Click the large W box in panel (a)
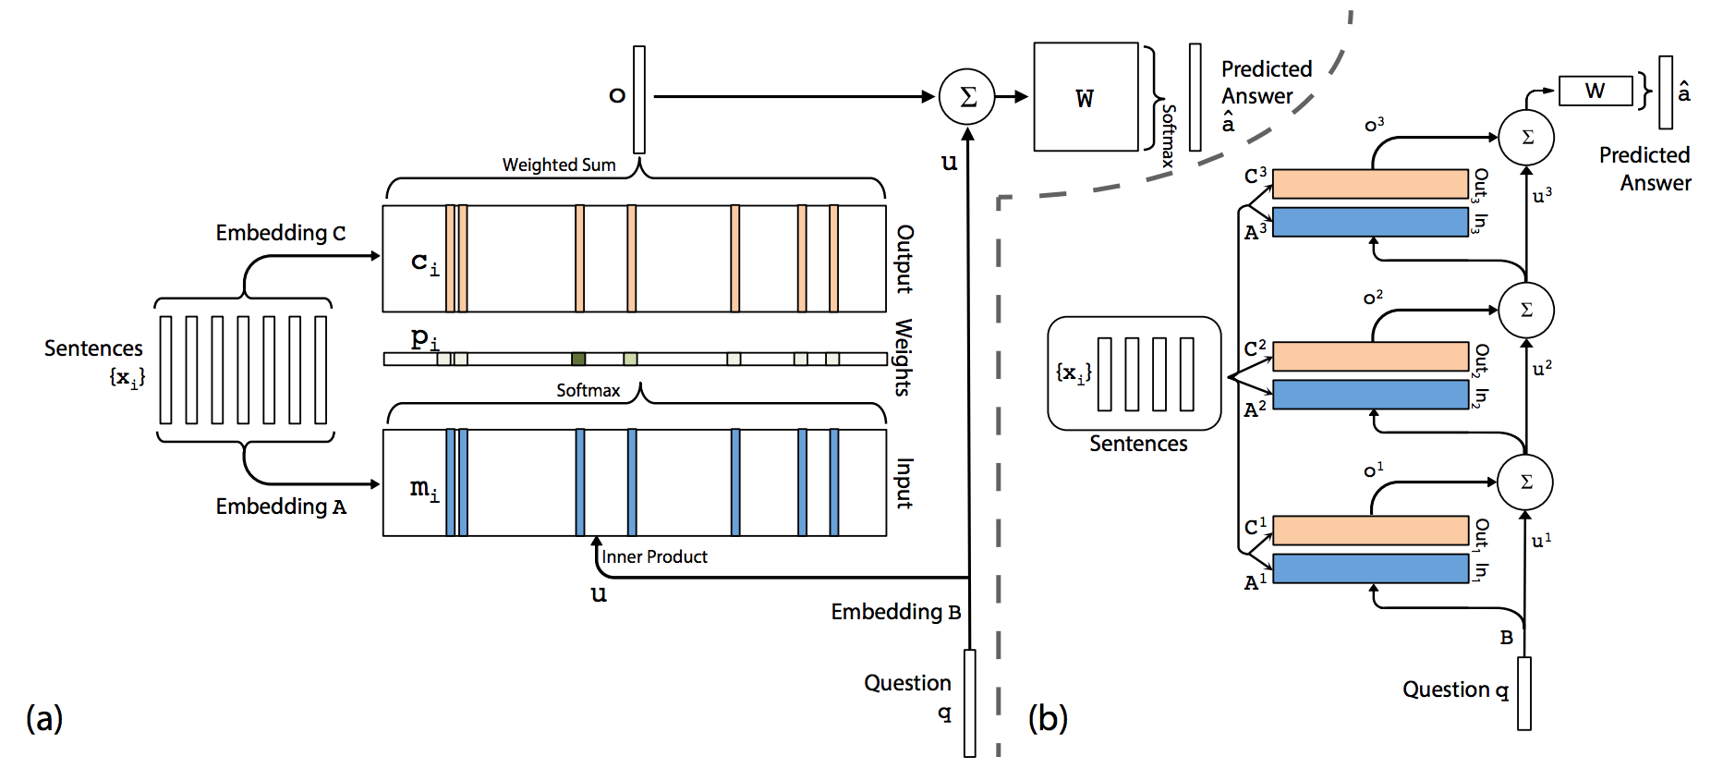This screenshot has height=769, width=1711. (x=1086, y=96)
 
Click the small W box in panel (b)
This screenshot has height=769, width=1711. (x=1596, y=91)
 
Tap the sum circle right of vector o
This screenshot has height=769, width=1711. (x=967, y=96)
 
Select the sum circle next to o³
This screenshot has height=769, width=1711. (x=1526, y=138)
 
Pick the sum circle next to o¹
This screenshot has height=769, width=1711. (x=1526, y=482)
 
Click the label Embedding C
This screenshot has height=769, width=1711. (x=281, y=233)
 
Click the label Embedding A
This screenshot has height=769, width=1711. (x=281, y=507)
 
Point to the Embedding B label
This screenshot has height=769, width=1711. (x=896, y=612)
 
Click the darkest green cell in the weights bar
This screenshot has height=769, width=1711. (x=578, y=359)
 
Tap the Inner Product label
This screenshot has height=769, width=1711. (x=654, y=556)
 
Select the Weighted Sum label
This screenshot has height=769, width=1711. (x=559, y=165)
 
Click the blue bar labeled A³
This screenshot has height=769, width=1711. (x=1370, y=222)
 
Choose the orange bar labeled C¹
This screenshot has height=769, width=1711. (x=1370, y=531)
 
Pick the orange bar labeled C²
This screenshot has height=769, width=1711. (x=1370, y=357)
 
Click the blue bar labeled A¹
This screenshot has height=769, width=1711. (x=1370, y=568)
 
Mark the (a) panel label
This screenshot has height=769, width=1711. (x=44, y=717)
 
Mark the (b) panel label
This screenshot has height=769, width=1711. (x=1048, y=717)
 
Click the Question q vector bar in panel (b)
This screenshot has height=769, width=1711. (x=1524, y=693)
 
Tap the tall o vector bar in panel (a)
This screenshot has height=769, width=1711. (x=639, y=100)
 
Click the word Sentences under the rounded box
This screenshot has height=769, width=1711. (x=1138, y=444)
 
